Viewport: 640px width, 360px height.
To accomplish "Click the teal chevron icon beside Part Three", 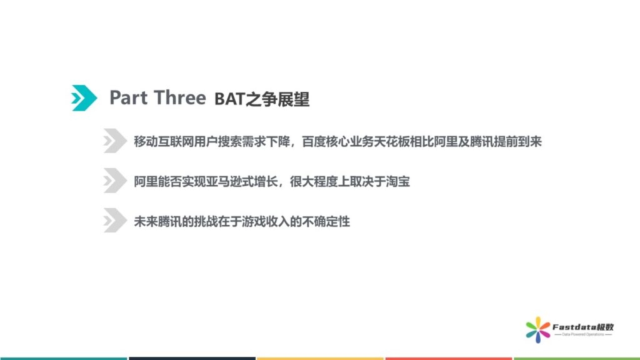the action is coord(84,98).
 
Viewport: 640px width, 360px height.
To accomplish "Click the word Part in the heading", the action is coord(129,98).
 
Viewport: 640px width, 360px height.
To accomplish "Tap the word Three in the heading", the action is coord(180,98).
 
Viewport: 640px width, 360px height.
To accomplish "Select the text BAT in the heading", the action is coord(229,99).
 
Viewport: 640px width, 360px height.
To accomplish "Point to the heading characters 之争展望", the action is coord(277,99).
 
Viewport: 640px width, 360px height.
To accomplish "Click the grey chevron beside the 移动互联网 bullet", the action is coord(115,141).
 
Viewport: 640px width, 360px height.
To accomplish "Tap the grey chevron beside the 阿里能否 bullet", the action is coord(115,181).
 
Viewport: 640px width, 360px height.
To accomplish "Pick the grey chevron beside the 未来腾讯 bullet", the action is coord(115,221).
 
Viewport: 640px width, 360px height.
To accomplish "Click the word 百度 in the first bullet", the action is coord(314,142).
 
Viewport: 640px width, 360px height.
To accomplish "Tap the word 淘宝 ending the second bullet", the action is coord(397,181).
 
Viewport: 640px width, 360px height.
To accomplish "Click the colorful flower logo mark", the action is coord(538,330).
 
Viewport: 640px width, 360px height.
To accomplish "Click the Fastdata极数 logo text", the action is coord(583,327).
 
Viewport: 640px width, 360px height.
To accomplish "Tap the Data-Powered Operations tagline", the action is coord(583,335).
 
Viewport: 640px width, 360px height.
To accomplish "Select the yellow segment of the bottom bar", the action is coord(320,358).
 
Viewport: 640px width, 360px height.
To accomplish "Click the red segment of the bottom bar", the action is coord(449,358).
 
